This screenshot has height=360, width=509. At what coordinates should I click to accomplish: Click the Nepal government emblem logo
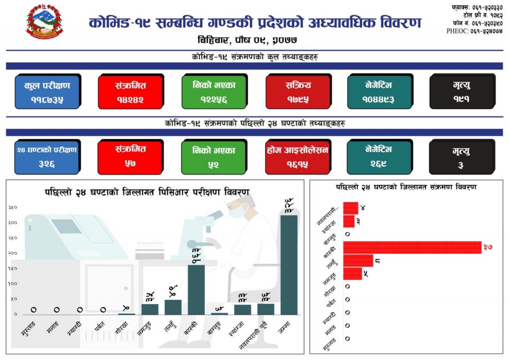(x=45, y=24)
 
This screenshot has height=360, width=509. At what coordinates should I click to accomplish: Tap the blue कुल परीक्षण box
(x=47, y=91)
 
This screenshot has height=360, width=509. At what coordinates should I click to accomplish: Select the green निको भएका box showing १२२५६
(x=213, y=91)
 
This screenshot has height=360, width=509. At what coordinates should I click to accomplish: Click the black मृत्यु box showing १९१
(x=461, y=91)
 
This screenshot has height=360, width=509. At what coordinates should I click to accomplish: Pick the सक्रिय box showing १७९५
(x=297, y=91)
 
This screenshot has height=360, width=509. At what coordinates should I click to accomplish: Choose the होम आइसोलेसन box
(x=297, y=156)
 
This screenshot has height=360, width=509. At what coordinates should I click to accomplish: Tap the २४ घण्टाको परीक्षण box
(x=46, y=156)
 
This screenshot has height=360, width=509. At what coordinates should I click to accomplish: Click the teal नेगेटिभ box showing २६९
(x=380, y=156)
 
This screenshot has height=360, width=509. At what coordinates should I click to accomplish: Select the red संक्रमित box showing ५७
(x=130, y=156)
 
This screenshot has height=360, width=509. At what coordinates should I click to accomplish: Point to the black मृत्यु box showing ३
(x=461, y=157)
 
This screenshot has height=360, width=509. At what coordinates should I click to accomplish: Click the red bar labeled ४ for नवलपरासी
(x=350, y=208)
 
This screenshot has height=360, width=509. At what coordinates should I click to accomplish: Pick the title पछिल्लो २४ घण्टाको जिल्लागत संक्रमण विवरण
(x=406, y=187)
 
